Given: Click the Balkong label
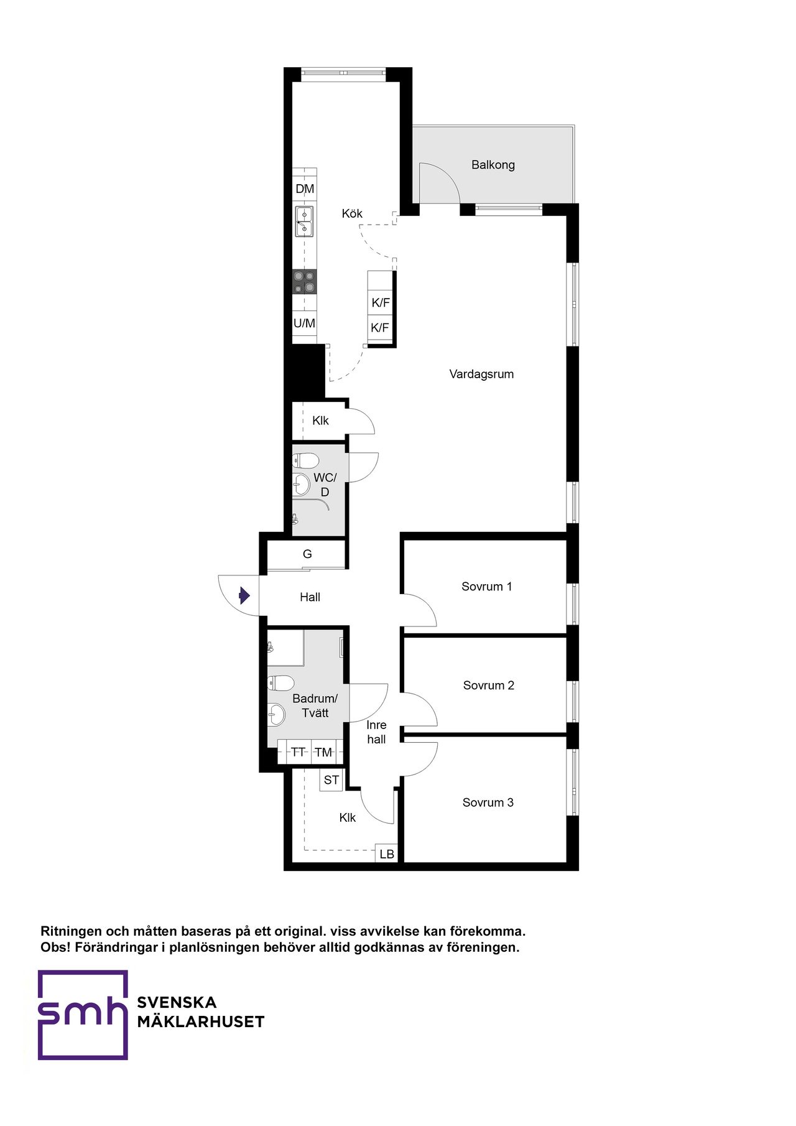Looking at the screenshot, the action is (x=493, y=165).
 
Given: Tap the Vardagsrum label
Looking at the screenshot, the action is (x=481, y=374).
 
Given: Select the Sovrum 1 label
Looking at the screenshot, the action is (x=487, y=587).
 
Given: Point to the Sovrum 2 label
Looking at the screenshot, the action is (x=489, y=686).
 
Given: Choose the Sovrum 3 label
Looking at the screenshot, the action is (x=488, y=803).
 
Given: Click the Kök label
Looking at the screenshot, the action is (x=352, y=213).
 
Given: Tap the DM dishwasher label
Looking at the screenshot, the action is (x=305, y=189).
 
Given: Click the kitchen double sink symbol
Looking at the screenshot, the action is (x=304, y=221).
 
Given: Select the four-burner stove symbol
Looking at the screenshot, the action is (x=305, y=282).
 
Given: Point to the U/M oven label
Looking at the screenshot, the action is (x=304, y=323).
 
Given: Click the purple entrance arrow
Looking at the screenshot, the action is (x=244, y=596).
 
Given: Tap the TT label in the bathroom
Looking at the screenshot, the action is (x=298, y=752).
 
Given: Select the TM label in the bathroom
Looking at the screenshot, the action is (x=323, y=752).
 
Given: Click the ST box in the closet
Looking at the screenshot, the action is (x=331, y=780).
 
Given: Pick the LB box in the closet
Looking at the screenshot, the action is (x=387, y=854).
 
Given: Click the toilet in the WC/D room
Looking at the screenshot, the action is (x=305, y=461).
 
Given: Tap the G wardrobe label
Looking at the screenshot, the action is (x=307, y=554).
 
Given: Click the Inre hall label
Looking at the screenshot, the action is (x=376, y=732).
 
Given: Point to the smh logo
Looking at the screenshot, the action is (x=83, y=1015).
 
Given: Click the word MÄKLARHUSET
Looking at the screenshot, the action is (x=201, y=1021).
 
